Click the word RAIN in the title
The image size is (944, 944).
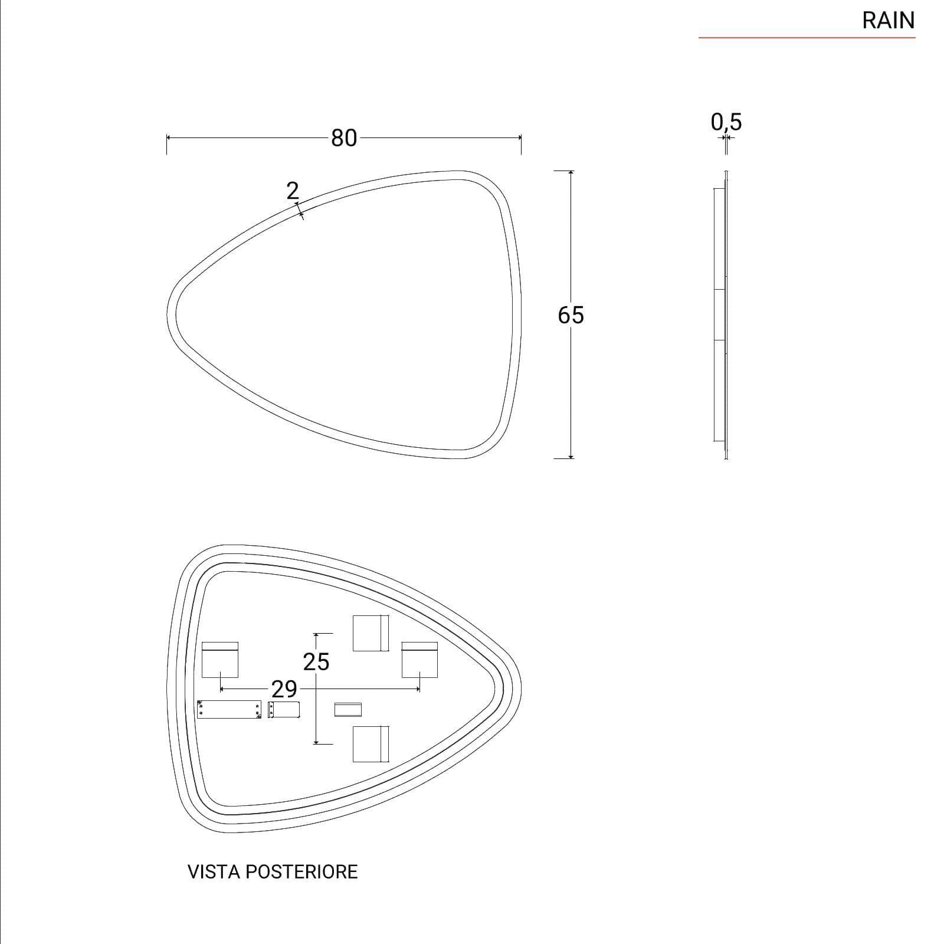tap(888, 21)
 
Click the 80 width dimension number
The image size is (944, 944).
tap(344, 138)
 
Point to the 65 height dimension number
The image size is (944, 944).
tap(571, 315)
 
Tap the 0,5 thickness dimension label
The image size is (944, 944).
tap(726, 122)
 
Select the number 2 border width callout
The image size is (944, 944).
tap(293, 191)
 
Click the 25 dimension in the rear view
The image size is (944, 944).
tap(316, 662)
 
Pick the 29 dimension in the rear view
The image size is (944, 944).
tap(284, 689)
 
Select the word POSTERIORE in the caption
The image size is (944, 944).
tap(301, 872)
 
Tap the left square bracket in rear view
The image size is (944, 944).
tap(220, 660)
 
